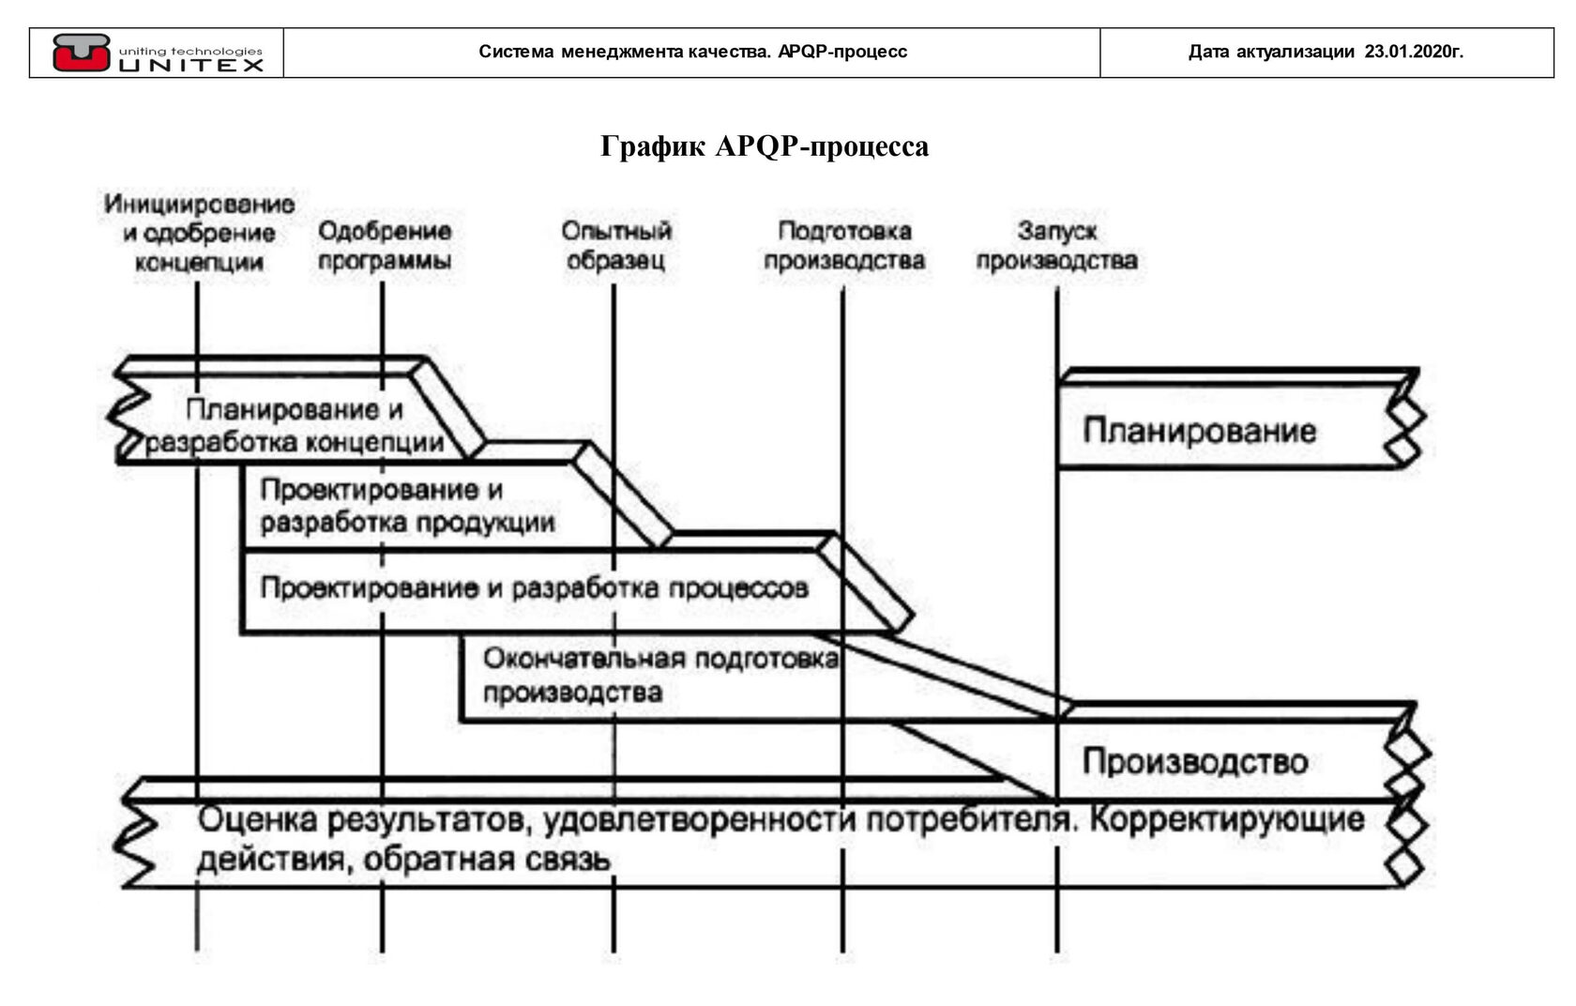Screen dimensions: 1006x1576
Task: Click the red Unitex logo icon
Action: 81,52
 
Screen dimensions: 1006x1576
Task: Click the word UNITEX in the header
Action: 191,65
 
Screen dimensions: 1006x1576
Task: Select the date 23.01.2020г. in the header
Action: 1413,52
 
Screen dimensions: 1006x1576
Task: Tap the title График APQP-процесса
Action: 765,146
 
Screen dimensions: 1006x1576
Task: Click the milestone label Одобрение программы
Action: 384,245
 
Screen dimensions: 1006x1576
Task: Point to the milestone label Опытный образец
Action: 616,245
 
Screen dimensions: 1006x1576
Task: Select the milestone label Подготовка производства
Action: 843,245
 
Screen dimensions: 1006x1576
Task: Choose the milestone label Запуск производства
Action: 1056,245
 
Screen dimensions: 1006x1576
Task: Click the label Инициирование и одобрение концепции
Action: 199,232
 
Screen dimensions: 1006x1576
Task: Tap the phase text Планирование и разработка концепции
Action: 295,425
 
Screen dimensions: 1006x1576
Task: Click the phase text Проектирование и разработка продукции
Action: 407,506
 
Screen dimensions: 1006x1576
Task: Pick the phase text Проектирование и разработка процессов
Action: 534,588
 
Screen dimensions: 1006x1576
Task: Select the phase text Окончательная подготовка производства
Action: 659,675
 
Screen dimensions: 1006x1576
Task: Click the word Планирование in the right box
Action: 1199,431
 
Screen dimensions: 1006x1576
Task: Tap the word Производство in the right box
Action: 1194,761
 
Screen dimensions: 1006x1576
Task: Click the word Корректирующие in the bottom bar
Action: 1225,819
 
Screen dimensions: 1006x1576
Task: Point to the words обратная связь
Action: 487,859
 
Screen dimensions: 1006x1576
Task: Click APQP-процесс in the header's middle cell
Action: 841,52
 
